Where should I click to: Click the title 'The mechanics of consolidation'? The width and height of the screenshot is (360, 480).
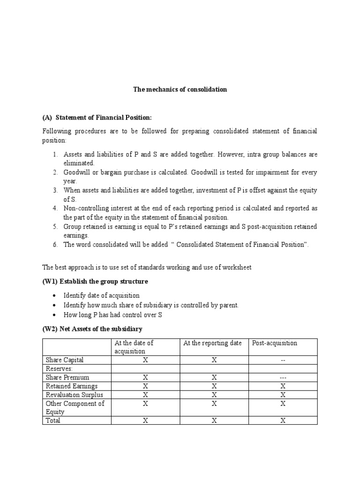click(x=180, y=89)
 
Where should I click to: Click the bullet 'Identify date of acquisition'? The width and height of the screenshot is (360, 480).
click(x=102, y=295)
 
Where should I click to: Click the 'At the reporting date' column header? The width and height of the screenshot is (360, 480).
click(x=212, y=343)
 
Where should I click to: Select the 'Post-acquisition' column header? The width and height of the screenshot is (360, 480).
click(x=275, y=343)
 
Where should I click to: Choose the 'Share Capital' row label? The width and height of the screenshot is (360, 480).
click(x=65, y=360)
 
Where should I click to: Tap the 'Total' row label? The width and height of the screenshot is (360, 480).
click(x=53, y=420)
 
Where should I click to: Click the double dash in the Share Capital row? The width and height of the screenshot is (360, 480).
click(x=283, y=360)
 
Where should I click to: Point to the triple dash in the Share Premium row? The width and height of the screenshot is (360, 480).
click(x=283, y=377)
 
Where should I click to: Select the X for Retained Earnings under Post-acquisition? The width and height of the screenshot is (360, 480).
click(x=283, y=386)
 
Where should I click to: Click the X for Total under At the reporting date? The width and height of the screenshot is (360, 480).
click(x=214, y=420)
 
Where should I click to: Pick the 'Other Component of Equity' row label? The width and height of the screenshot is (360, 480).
click(x=75, y=407)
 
